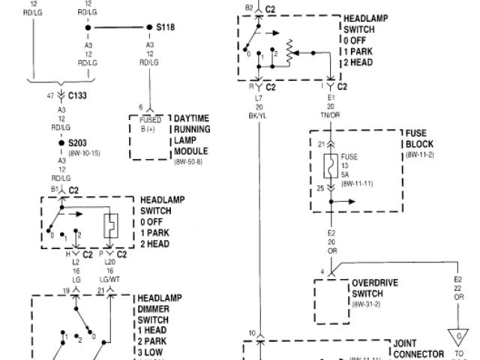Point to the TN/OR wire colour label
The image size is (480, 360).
click(331, 115)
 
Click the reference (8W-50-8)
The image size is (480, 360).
click(190, 162)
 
